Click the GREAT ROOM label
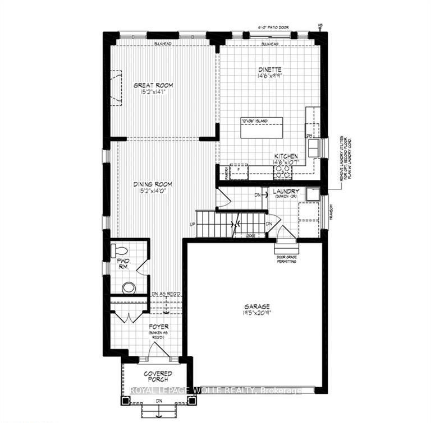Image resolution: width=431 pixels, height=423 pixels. click(153, 85)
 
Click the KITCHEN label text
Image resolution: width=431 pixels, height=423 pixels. click(286, 156)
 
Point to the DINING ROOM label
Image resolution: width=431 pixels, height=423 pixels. click(152, 184)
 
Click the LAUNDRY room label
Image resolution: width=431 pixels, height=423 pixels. click(286, 192)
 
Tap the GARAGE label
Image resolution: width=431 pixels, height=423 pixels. click(256, 306)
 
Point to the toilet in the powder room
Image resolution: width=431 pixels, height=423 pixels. click(120, 250)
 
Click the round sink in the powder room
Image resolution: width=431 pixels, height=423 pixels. click(129, 288)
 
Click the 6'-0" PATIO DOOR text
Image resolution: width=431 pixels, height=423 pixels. click(276, 26)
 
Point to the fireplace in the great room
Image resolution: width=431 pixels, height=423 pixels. click(116, 88)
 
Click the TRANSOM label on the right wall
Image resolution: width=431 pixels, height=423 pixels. click(331, 211)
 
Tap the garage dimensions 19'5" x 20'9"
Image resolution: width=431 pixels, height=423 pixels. click(256, 314)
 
